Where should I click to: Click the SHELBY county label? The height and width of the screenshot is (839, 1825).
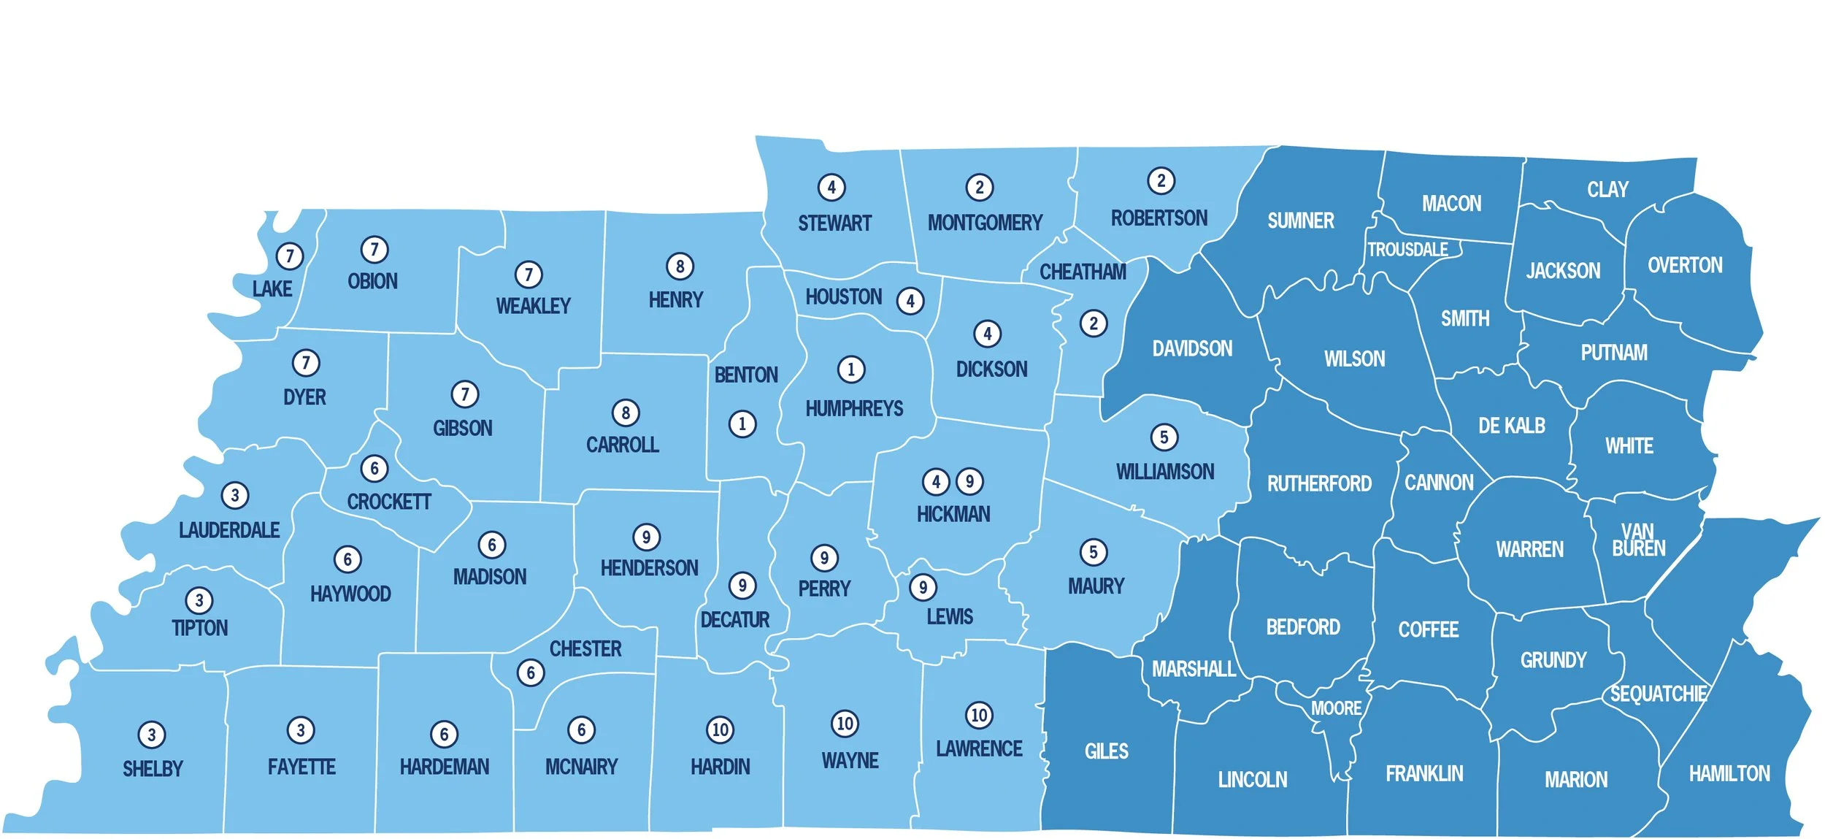[x=153, y=769]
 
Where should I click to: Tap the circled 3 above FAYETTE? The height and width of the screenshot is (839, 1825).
[x=301, y=729]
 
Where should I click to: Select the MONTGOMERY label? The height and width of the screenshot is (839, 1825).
[x=985, y=223]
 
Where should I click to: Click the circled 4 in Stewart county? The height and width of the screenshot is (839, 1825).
[x=831, y=188]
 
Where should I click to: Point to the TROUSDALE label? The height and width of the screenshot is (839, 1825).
[x=1407, y=250]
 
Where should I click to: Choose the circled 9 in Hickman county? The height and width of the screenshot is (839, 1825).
[x=969, y=482]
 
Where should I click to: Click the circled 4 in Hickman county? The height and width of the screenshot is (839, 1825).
[x=936, y=482]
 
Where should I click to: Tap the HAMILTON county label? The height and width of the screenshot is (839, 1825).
[x=1729, y=773]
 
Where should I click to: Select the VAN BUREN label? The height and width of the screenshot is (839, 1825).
[x=1638, y=540]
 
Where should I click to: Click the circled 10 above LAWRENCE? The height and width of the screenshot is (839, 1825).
[x=979, y=715]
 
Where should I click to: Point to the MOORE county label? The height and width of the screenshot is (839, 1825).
[x=1336, y=708]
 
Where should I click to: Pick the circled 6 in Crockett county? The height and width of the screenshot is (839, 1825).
[x=374, y=469]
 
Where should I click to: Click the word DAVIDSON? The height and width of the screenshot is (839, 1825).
[x=1192, y=349]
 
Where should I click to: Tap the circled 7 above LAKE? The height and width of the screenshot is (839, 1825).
[x=290, y=256]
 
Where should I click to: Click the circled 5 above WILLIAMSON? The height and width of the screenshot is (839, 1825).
[x=1164, y=437]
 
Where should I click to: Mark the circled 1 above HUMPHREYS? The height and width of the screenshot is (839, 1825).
[x=850, y=369]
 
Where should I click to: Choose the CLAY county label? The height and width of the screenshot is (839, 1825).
[x=1607, y=190]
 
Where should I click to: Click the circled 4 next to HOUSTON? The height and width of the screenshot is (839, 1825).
[x=910, y=301]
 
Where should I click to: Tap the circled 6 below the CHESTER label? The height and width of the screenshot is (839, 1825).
[x=531, y=673]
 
